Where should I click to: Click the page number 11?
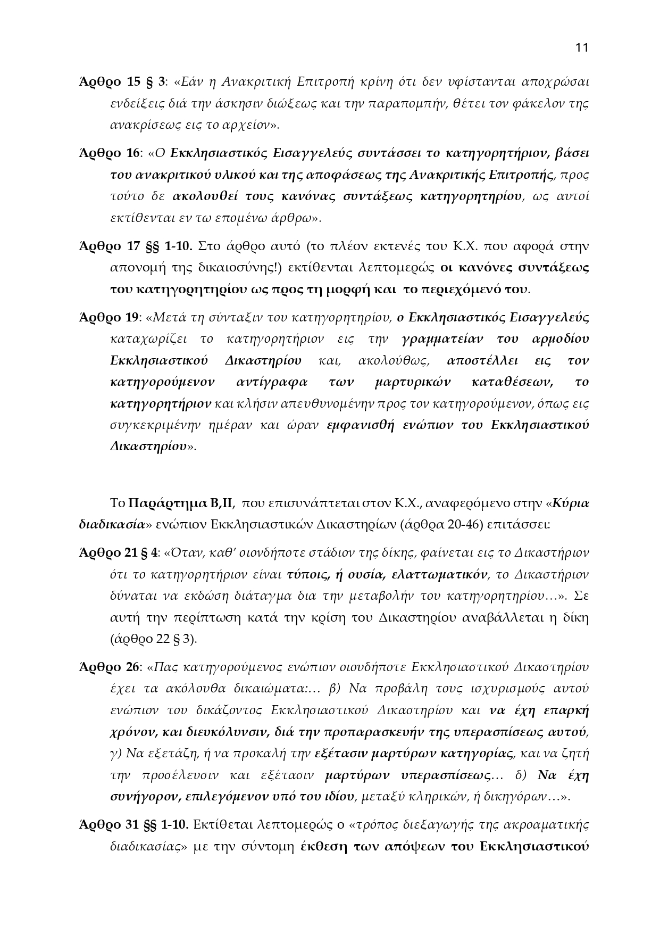coord(581,48)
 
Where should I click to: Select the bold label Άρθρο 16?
coord(109,153)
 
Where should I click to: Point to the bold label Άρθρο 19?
coord(109,318)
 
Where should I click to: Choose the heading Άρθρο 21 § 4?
coord(118,553)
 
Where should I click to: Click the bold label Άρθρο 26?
coord(109,667)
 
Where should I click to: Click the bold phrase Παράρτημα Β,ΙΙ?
coord(181,503)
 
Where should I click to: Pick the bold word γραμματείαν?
coord(445,339)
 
